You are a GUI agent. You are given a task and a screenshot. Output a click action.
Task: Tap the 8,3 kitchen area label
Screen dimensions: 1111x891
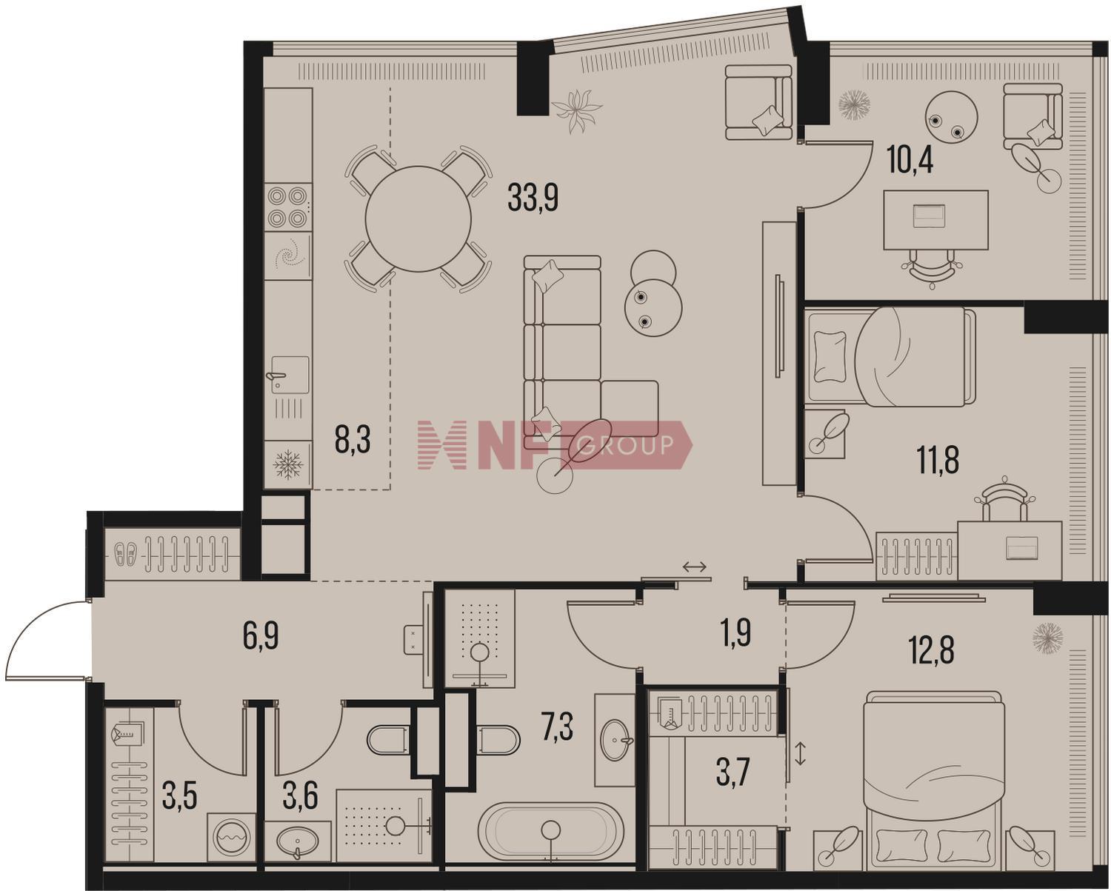point(353,440)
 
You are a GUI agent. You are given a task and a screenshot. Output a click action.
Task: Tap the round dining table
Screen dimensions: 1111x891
point(418,219)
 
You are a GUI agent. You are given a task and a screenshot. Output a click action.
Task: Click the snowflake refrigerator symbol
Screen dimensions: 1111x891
point(288,464)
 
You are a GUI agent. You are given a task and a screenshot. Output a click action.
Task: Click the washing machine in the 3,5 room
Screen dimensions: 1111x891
point(232,838)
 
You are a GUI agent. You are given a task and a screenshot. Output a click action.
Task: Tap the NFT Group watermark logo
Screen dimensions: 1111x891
point(555,445)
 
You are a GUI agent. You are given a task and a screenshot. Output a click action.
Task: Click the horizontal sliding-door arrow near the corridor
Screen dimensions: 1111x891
point(695,567)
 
